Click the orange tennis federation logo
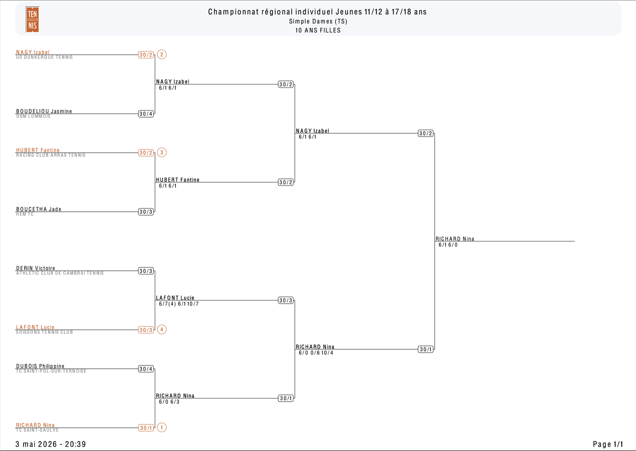click(32, 20)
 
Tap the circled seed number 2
click(161, 54)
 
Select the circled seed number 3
click(161, 152)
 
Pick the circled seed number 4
click(161, 329)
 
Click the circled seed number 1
click(161, 427)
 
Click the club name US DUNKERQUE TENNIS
click(44, 57)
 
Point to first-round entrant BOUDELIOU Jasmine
click(44, 111)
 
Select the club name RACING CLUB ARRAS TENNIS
click(51, 155)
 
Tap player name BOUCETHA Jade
click(39, 209)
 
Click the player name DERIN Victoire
click(35, 268)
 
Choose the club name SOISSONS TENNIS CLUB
click(44, 332)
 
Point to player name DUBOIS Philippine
click(40, 366)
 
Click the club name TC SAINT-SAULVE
click(37, 430)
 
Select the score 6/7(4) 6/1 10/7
click(179, 304)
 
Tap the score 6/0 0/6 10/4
click(316, 353)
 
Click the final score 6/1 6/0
click(448, 245)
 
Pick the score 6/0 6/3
click(169, 402)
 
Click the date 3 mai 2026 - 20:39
click(51, 444)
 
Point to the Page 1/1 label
click(608, 444)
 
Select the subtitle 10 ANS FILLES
click(318, 30)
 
